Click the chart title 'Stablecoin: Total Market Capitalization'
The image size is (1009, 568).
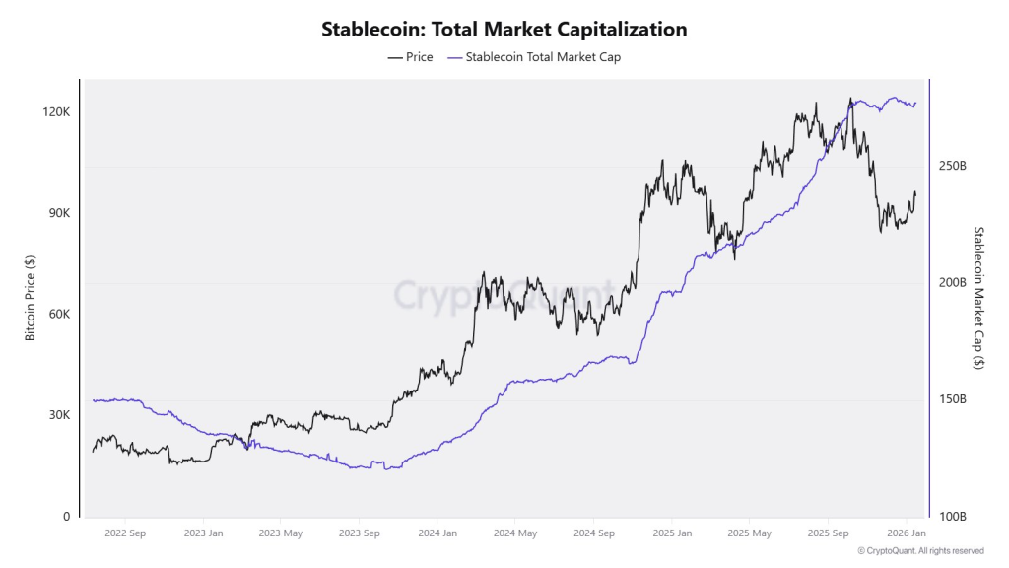point(504,30)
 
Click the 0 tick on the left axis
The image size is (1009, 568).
point(67,517)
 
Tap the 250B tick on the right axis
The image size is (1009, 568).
point(952,166)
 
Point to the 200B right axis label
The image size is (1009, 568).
point(952,283)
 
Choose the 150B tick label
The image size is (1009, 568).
point(952,399)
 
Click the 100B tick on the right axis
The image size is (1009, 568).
point(952,517)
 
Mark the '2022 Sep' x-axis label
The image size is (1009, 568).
point(124,533)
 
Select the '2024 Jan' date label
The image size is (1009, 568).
point(437,533)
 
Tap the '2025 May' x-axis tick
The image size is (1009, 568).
point(748,533)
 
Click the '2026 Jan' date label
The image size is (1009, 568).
point(905,533)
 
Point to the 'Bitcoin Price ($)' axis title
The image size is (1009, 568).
point(30,298)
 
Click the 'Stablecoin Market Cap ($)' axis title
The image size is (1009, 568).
point(978,298)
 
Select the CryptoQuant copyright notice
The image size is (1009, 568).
point(920,551)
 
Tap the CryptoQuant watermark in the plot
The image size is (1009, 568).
point(504,294)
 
